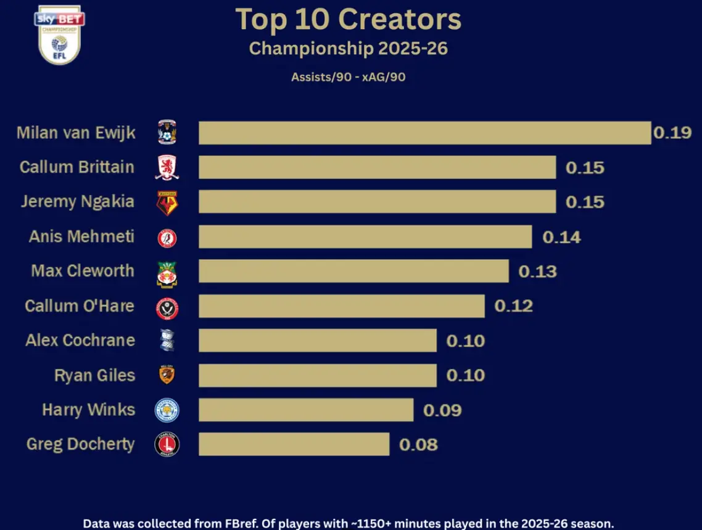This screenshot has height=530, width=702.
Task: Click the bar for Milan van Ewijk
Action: coord(424,133)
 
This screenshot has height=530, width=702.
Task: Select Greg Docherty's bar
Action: coord(294,444)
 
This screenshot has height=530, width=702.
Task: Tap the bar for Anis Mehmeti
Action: coord(365,237)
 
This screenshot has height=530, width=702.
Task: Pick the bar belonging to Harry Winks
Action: coord(305,410)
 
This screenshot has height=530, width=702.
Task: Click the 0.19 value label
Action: coord(672,133)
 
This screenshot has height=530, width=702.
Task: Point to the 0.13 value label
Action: coord(537,271)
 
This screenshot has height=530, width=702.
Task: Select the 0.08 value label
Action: coord(418,444)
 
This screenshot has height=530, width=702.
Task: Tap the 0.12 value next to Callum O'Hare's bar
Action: coord(513,306)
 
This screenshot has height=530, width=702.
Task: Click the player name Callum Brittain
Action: coord(76,167)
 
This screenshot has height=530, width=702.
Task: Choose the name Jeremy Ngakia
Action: coord(77,202)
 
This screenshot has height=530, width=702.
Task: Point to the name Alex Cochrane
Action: coord(80,341)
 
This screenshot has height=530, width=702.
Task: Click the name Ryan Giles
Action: coord(94,375)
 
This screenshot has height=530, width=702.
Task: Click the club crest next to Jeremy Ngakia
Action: coord(167,203)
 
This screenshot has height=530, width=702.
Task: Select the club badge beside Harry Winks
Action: coord(167,410)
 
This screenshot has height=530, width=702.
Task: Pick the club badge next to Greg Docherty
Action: coord(167,445)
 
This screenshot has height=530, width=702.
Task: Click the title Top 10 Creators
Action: coord(349,20)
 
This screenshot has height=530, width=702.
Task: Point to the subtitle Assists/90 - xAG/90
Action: coord(348,78)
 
